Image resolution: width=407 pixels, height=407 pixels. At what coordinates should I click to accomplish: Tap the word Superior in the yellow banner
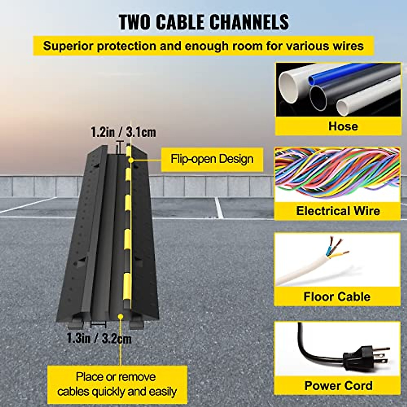click(x=68, y=45)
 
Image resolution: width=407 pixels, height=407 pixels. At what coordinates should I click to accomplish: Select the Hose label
click(x=343, y=126)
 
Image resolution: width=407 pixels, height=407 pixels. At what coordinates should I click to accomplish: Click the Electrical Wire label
click(x=338, y=211)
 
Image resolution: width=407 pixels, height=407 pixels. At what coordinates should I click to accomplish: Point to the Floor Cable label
click(x=337, y=296)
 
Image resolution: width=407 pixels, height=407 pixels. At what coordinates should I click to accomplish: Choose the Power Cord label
click(x=338, y=385)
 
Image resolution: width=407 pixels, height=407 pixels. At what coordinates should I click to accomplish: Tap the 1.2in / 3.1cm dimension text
click(x=123, y=132)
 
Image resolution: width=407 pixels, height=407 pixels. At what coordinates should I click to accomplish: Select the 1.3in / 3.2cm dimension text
click(x=99, y=338)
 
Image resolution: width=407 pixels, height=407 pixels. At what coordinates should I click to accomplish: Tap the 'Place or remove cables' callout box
click(x=117, y=384)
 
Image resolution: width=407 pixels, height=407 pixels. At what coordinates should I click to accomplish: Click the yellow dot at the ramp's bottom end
click(x=120, y=316)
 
